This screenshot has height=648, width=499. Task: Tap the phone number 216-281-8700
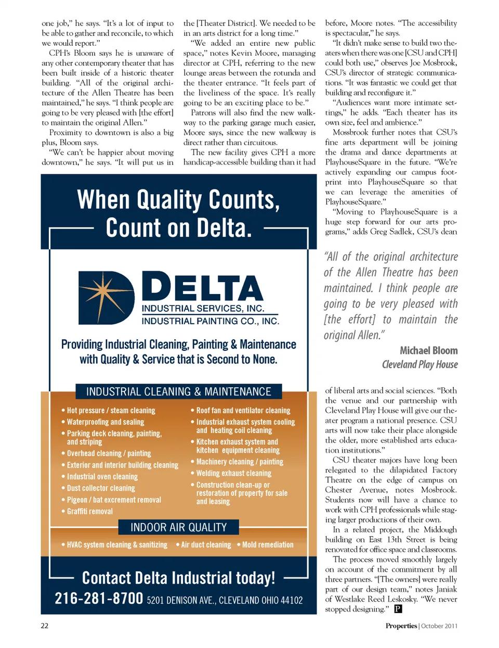(99, 599)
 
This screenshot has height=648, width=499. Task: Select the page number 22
(45, 626)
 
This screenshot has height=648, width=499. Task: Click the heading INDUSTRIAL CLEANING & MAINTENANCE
(178, 391)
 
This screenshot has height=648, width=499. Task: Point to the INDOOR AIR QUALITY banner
(178, 527)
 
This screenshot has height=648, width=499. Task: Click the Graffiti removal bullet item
(89, 511)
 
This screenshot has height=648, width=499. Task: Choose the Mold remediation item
(267, 544)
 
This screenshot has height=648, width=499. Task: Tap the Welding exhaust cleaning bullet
(233, 473)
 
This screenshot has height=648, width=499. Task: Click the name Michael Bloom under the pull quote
(428, 350)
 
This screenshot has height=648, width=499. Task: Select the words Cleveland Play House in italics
(419, 364)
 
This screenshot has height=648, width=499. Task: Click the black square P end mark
(398, 608)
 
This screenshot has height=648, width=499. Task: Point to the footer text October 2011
(439, 626)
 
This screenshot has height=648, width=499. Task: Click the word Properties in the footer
(401, 626)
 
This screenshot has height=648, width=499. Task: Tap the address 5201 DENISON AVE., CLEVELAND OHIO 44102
(225, 600)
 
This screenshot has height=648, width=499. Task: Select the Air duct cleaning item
(206, 544)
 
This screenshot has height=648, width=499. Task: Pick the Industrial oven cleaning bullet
(102, 476)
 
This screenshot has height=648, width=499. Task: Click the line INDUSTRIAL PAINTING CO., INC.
(210, 321)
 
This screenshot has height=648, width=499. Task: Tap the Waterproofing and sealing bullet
(105, 422)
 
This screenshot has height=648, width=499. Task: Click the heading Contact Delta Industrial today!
(178, 578)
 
